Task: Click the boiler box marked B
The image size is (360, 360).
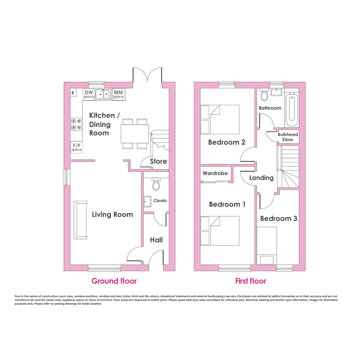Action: pyautogui.click(x=73, y=93)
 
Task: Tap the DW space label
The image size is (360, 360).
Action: pyautogui.click(x=89, y=94)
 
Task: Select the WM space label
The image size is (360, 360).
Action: pyautogui.click(x=118, y=94)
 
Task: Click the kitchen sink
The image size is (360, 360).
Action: pyautogui.click(x=102, y=94)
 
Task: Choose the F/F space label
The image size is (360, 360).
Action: pyautogui.click(x=77, y=147)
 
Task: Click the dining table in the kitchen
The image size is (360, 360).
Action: pyautogui.click(x=135, y=134)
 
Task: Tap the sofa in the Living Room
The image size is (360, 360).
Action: pyautogui.click(x=81, y=220)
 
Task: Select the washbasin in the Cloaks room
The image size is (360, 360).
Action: pyautogui.click(x=147, y=202)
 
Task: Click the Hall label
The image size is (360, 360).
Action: pyautogui.click(x=156, y=240)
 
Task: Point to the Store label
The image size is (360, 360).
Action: pyautogui.click(x=158, y=161)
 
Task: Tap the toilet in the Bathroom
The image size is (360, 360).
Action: pyautogui.click(x=264, y=94)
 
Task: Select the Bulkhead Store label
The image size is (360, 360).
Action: pyautogui.click(x=288, y=137)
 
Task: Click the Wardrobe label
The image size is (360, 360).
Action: pyautogui.click(x=215, y=173)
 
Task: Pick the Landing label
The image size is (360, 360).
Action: pyautogui.click(x=261, y=178)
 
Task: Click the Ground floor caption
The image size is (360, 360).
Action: pyautogui.click(x=114, y=281)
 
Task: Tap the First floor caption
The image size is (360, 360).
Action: pyautogui.click(x=251, y=281)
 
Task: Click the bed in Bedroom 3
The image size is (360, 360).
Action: pyautogui.click(x=267, y=246)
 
